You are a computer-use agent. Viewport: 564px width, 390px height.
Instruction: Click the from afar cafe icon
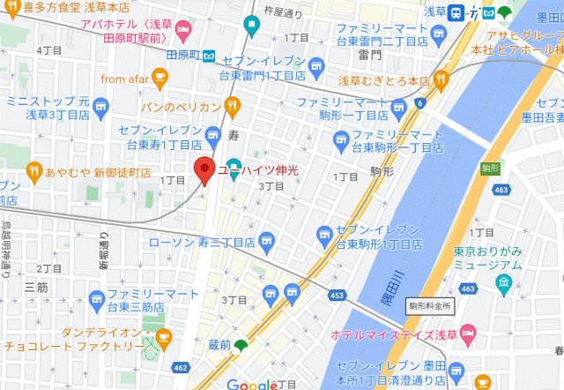[x=160, y=80]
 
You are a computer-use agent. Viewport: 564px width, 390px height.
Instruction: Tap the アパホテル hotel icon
[x=182, y=33]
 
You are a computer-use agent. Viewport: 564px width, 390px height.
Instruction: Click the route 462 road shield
[x=181, y=367]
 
